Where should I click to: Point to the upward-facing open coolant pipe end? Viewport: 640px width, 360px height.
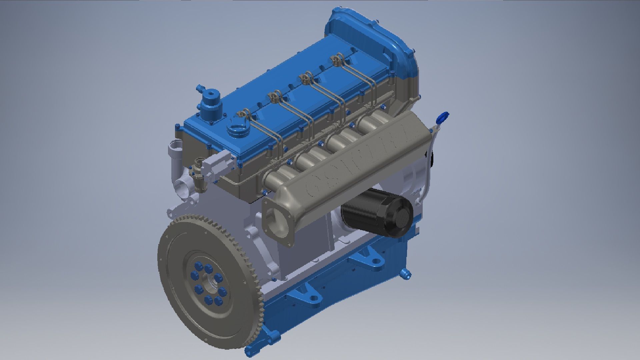175,145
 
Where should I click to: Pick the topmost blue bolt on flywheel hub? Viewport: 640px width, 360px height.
208,268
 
